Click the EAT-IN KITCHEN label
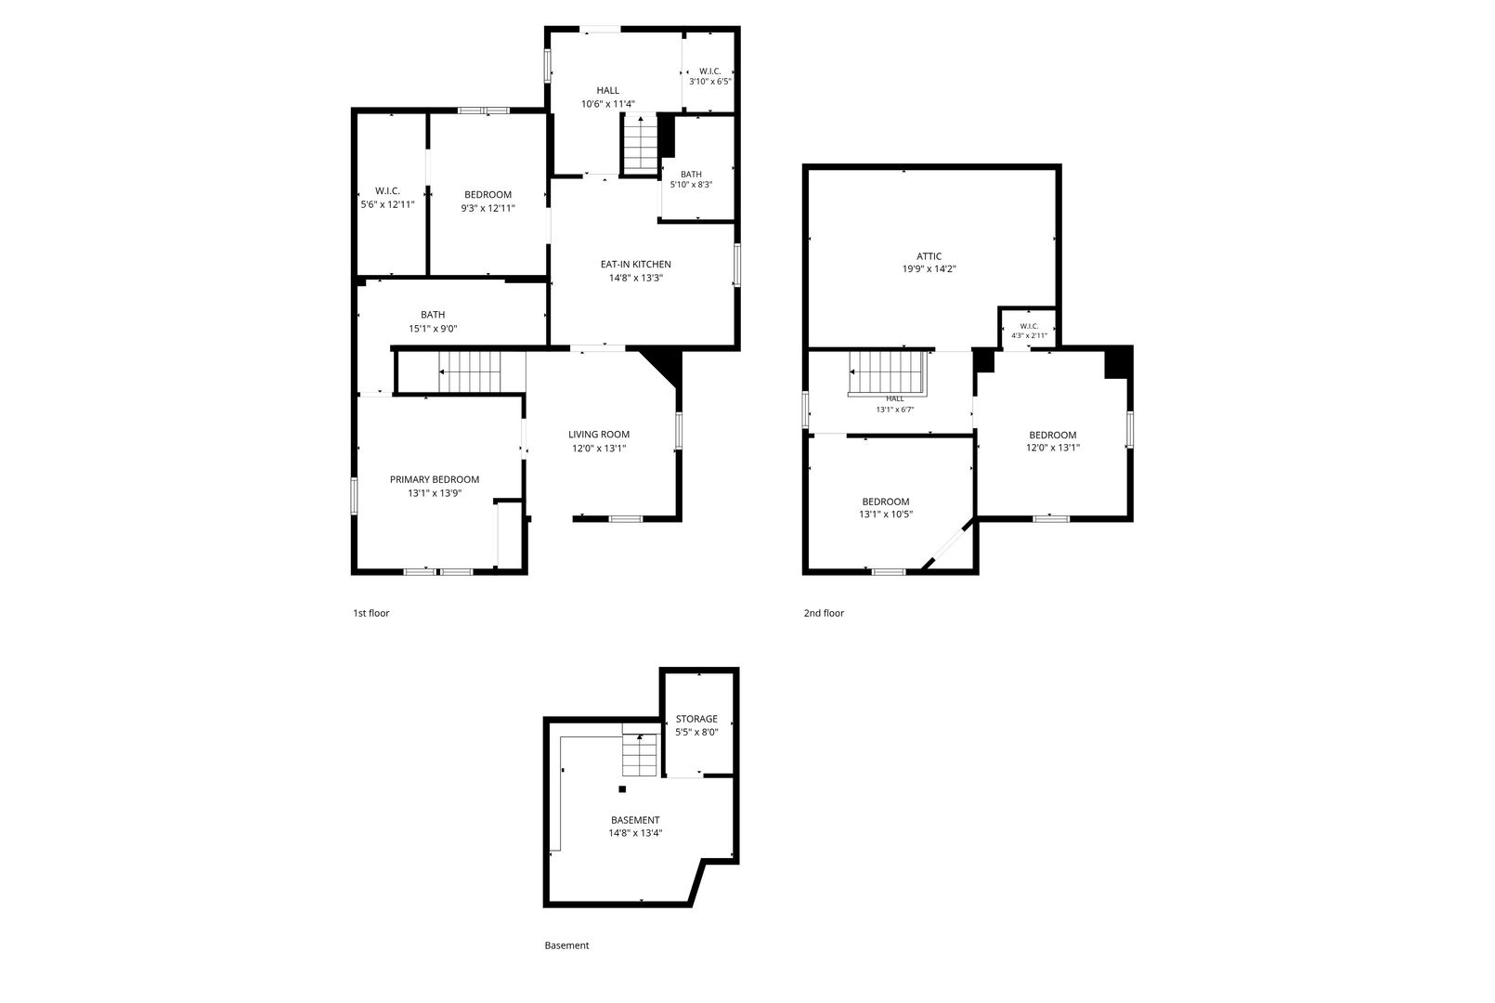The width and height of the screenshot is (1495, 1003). click(x=635, y=265)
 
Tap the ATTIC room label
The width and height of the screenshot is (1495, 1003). click(x=929, y=256)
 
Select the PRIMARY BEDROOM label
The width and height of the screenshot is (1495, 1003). click(x=435, y=480)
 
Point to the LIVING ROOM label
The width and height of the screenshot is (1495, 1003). click(x=599, y=435)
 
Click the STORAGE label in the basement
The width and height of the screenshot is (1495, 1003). click(x=696, y=719)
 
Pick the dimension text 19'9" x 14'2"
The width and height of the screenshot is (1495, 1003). click(x=929, y=269)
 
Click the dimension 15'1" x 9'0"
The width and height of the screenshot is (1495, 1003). click(x=433, y=329)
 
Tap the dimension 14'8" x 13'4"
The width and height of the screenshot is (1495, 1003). click(x=635, y=833)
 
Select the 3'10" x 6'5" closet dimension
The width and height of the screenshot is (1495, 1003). click(x=710, y=82)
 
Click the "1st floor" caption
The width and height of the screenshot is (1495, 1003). click(x=371, y=613)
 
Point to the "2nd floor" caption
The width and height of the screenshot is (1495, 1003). click(x=824, y=613)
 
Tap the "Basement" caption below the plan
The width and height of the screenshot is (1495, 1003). click(x=566, y=945)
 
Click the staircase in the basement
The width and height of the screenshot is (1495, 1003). click(x=640, y=754)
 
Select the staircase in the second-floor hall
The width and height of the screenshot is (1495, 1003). click(x=888, y=373)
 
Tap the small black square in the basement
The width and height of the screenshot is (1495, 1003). click(x=622, y=788)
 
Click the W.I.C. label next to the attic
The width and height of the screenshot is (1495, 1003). click(x=1029, y=326)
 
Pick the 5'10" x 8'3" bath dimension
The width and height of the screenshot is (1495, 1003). click(x=691, y=185)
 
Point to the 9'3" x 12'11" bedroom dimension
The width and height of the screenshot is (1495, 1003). click(x=487, y=208)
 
